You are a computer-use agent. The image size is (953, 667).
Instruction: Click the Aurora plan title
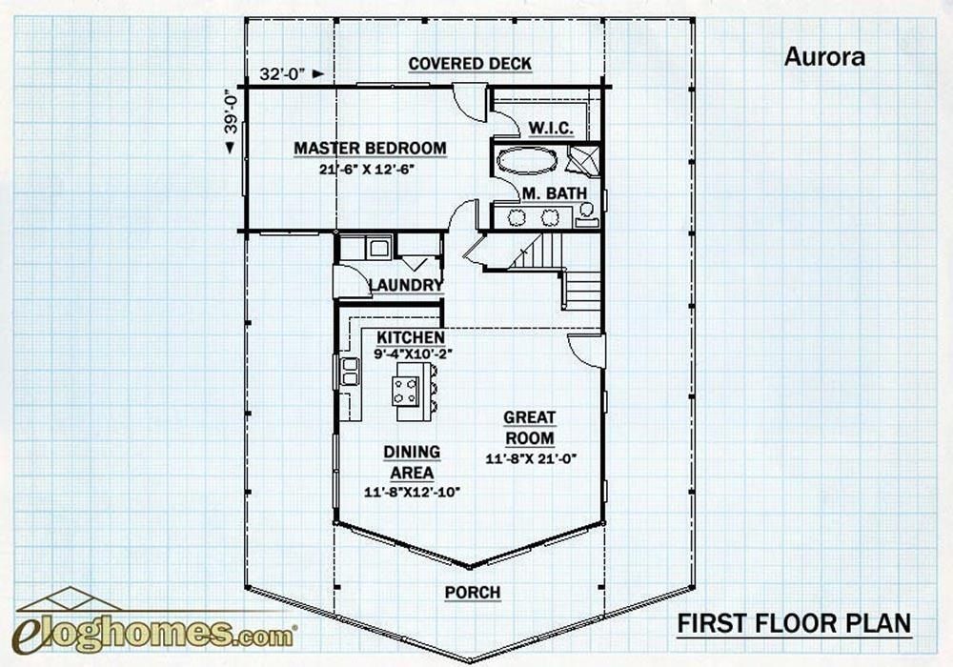[824, 56]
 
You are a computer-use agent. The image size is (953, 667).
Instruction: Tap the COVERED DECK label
[470, 64]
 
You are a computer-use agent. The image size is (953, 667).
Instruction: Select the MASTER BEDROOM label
[370, 149]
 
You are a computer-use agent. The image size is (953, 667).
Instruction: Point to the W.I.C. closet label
[550, 127]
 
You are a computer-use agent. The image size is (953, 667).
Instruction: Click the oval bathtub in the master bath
[525, 159]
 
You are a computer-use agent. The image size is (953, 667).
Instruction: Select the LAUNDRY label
[406, 285]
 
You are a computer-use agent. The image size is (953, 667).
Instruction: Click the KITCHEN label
[410, 337]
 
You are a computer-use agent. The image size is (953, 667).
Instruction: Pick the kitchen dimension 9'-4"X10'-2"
[413, 354]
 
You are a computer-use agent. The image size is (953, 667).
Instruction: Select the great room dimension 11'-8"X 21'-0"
[531, 458]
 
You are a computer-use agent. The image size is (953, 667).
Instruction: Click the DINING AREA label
[412, 462]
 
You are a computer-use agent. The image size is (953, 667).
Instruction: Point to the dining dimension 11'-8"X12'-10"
[413, 493]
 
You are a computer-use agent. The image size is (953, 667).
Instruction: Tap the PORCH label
[473, 593]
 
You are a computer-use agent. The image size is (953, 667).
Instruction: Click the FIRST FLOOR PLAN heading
[794, 624]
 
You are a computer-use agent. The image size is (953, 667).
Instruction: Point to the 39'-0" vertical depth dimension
[230, 119]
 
